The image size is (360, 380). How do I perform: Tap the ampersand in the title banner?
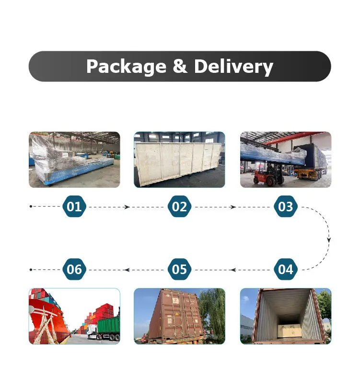click(x=179, y=66)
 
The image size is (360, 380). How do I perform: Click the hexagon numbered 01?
click(x=74, y=207)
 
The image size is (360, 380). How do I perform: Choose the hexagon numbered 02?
click(x=179, y=207)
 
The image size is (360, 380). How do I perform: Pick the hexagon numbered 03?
click(x=285, y=207)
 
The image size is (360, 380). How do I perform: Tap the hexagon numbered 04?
click(x=285, y=269)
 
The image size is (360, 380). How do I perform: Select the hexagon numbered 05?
click(x=179, y=269)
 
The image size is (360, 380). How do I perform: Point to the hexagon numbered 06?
click(x=74, y=269)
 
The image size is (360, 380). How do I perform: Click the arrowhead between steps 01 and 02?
click(x=127, y=207)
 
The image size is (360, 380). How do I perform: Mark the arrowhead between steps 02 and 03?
click(x=233, y=207)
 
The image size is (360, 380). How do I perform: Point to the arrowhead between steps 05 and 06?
click(x=127, y=270)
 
